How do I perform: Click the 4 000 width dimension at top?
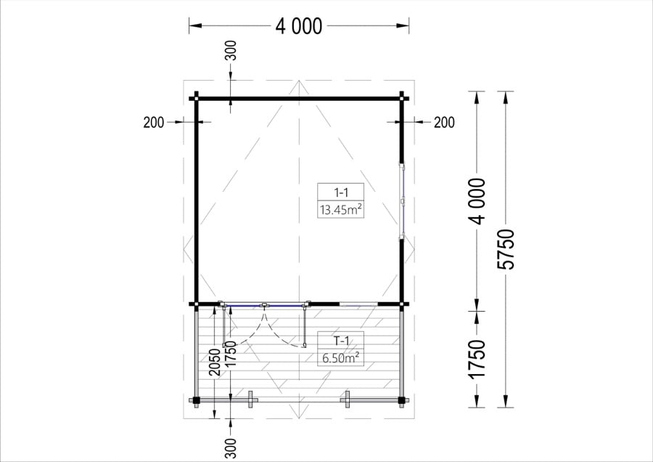pyautogui.click(x=299, y=26)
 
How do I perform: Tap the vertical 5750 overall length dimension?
pyautogui.click(x=506, y=249)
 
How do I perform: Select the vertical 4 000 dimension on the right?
pyautogui.click(x=477, y=201)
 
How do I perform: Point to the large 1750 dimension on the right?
pyautogui.click(x=477, y=360)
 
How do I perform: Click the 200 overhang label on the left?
pyautogui.click(x=154, y=123)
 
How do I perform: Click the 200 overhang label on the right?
pyautogui.click(x=444, y=123)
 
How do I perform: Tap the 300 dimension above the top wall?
pyautogui.click(x=231, y=50)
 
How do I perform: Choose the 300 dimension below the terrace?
pyautogui.click(x=231, y=448)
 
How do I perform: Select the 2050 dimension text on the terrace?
pyautogui.click(x=215, y=362)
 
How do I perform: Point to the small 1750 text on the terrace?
pyautogui.click(x=231, y=354)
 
